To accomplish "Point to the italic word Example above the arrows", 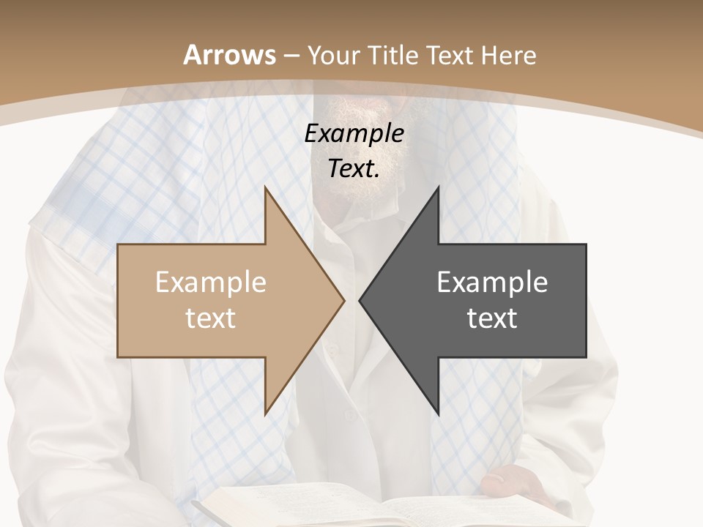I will tap(354, 133).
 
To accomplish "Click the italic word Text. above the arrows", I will tap(354, 169).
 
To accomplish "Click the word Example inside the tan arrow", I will tap(211, 282).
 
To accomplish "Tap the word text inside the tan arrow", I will tap(211, 318).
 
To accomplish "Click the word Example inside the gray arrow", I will tap(492, 282).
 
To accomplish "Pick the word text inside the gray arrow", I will tap(492, 318).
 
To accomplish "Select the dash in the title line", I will tap(291, 56).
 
